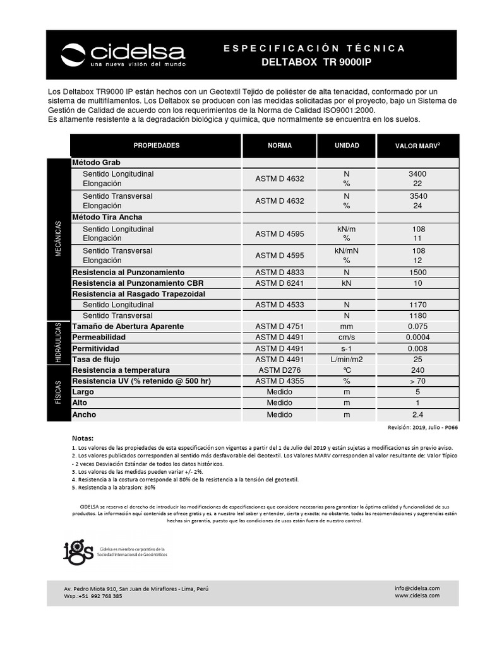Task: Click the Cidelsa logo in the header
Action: click(123, 55)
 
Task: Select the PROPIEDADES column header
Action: click(157, 146)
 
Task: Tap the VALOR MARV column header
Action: click(417, 146)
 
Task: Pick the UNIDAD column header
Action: click(347, 146)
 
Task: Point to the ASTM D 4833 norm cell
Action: click(279, 273)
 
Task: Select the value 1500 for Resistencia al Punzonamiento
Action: click(418, 273)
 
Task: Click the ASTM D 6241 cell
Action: click(279, 283)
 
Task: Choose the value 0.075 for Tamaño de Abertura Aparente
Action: click(418, 327)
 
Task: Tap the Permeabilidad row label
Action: click(99, 338)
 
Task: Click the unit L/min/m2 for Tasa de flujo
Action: click(347, 359)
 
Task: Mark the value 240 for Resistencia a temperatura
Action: click(418, 370)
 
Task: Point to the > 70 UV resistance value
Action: click(418, 382)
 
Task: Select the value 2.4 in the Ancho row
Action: click(418, 415)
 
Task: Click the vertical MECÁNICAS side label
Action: click(58, 238)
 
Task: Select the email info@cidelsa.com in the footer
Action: click(417, 588)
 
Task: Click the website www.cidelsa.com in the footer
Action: click(417, 596)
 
